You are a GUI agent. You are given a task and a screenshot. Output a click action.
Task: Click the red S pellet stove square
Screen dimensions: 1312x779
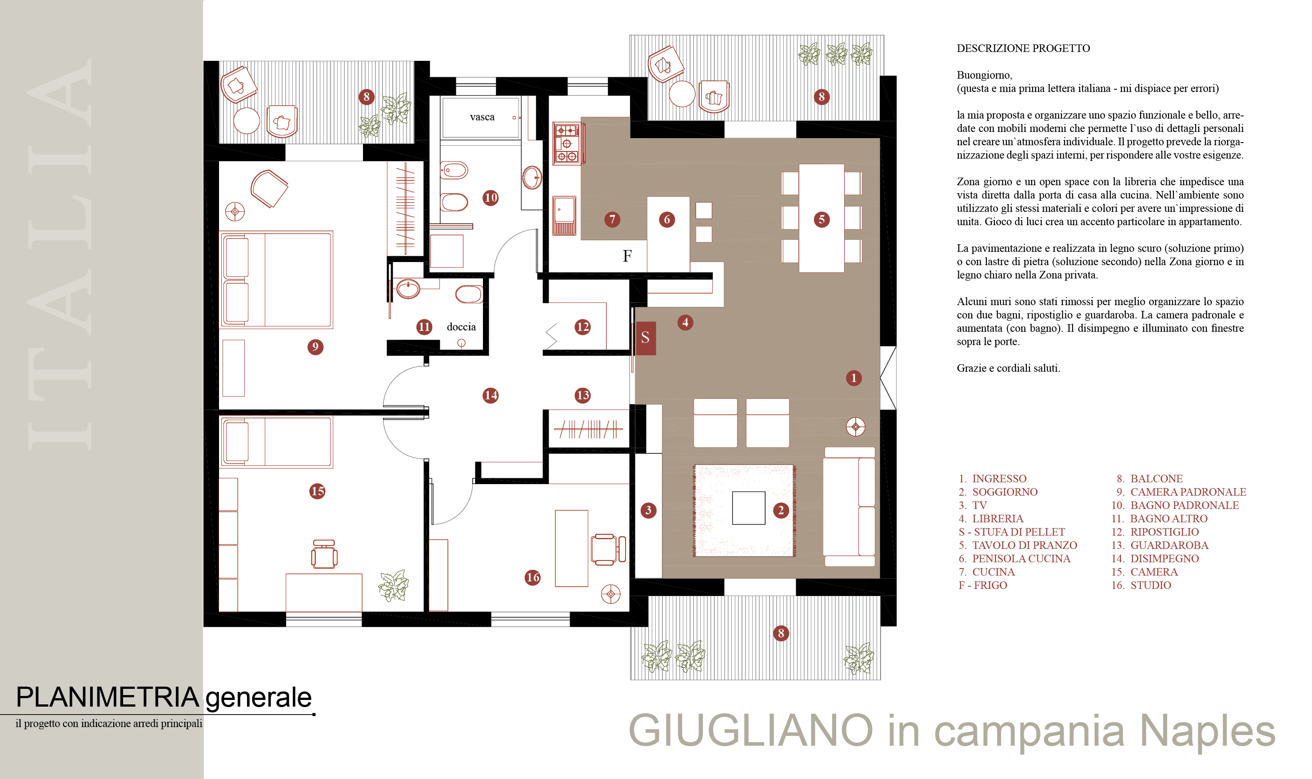(x=645, y=338)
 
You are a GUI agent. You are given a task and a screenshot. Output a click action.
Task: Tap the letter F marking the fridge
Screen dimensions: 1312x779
(x=627, y=256)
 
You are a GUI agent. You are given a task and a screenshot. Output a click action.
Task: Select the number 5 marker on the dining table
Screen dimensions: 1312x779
(x=821, y=219)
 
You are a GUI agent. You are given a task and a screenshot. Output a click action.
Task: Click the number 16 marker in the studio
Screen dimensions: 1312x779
(x=532, y=577)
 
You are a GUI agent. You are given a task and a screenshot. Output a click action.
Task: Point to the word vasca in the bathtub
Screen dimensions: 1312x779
(x=482, y=117)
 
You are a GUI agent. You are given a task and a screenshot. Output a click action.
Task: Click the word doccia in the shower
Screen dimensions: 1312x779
(x=461, y=326)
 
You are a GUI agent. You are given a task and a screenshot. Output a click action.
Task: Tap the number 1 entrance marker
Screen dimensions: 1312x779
(x=853, y=378)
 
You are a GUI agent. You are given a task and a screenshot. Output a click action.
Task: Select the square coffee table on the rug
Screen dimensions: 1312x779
(x=748, y=508)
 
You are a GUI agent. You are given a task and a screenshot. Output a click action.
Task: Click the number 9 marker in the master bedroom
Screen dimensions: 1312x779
(x=315, y=347)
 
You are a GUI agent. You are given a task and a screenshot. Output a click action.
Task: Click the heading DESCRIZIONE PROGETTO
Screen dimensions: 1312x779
(x=1023, y=48)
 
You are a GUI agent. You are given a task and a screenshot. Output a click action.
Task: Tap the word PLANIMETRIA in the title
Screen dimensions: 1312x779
(x=107, y=697)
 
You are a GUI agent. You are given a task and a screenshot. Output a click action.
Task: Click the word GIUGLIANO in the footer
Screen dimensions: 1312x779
(x=750, y=730)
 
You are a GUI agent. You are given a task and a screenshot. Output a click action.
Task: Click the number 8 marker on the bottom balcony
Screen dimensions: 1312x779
(x=781, y=633)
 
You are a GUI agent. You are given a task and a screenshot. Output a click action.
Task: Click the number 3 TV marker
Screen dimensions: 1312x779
(x=648, y=510)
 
